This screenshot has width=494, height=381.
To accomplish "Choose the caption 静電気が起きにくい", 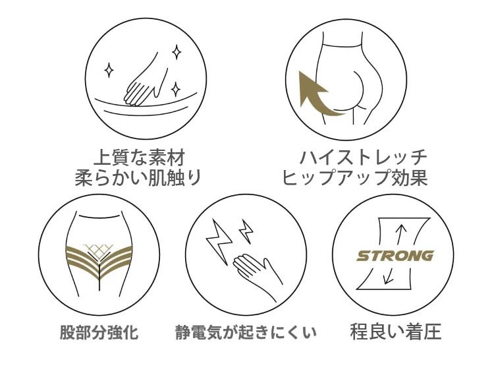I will (246, 332).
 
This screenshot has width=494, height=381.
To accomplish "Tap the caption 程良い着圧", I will (395, 332).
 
